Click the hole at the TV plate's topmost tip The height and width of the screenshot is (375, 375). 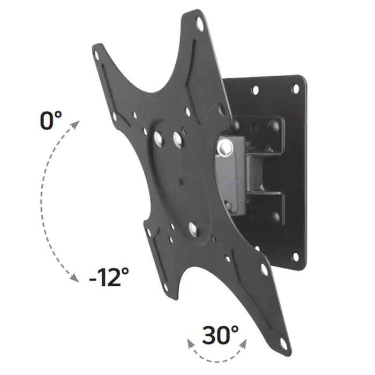(200, 24)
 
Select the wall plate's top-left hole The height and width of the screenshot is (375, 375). (255, 89)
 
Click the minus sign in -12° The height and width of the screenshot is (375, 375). (92, 278)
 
